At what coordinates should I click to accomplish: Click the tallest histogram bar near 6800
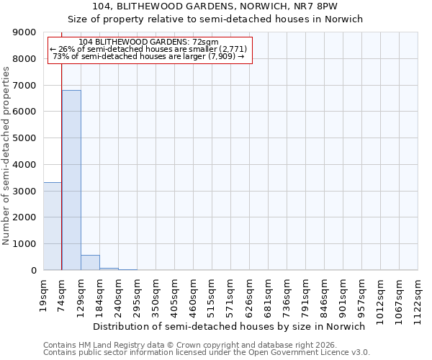tap(71, 180)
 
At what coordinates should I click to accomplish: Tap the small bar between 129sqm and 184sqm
tap(90, 263)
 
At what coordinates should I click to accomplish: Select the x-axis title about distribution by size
tap(230, 326)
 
